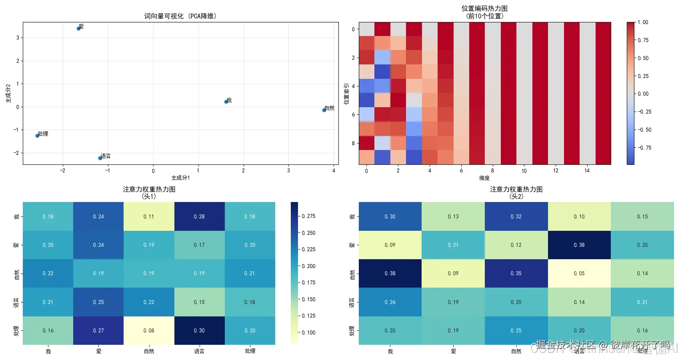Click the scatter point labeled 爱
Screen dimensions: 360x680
pos(79,28)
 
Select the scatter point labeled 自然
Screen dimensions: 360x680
pos(324,110)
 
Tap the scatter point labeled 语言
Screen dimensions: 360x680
pos(100,158)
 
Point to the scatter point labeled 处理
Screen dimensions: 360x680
pos(38,136)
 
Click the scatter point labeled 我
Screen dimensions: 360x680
pos(226,102)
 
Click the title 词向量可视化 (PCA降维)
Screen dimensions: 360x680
pos(180,16)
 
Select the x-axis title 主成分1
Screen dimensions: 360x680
pos(180,178)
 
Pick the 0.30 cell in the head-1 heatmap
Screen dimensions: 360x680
pos(199,330)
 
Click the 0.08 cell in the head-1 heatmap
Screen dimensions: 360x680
pos(149,330)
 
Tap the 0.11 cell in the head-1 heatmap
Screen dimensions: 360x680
pos(149,216)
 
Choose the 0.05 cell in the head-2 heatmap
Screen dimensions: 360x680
pos(579,273)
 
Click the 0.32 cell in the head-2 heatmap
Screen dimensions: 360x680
pos(516,216)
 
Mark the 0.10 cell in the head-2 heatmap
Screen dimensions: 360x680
pos(579,216)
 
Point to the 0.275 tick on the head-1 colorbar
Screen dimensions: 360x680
pos(308,216)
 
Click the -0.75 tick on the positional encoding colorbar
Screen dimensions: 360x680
pos(644,148)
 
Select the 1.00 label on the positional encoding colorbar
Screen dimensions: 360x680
pos(643,22)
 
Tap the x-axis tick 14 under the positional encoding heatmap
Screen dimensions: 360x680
pos(587,171)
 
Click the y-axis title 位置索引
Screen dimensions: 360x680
pos(346,94)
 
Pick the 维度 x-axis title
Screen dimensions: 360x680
pos(484,178)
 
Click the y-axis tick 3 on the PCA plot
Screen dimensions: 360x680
pos(18,38)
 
